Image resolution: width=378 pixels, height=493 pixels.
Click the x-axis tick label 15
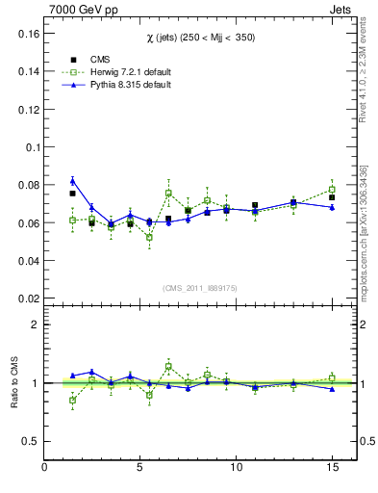[332, 469]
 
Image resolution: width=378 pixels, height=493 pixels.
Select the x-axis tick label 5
[140, 469]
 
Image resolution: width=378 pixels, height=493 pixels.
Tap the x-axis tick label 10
[236, 469]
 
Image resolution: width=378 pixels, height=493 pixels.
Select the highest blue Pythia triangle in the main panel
[72, 181]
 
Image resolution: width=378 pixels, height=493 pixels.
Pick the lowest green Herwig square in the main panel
[149, 237]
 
